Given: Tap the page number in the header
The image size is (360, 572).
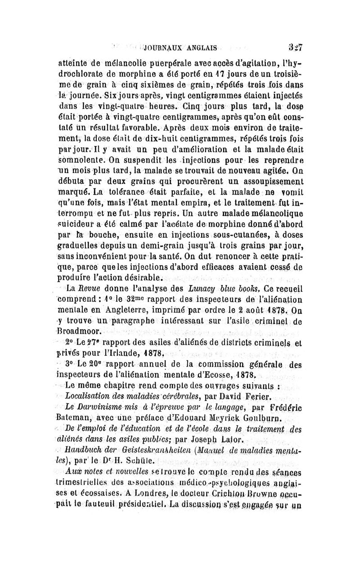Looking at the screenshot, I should (295, 46).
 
